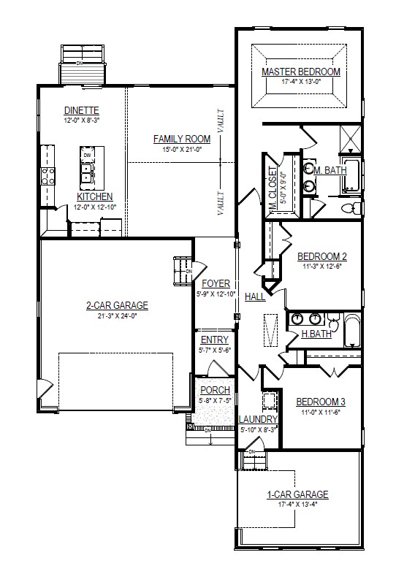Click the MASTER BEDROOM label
[301, 72]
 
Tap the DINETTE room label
[82, 110]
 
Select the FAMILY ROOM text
[181, 139]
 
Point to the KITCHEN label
[95, 196]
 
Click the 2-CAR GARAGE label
[117, 305]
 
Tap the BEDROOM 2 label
[321, 256]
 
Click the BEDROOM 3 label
[320, 402]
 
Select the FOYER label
[216, 283]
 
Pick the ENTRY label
[214, 340]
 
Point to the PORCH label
[215, 390]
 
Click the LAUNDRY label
[258, 419]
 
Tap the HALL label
[255, 297]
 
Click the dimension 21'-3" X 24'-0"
[117, 315]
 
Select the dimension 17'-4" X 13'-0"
[301, 82]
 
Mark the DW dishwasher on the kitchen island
[87, 156]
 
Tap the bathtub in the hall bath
[351, 331]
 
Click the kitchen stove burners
[47, 176]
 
